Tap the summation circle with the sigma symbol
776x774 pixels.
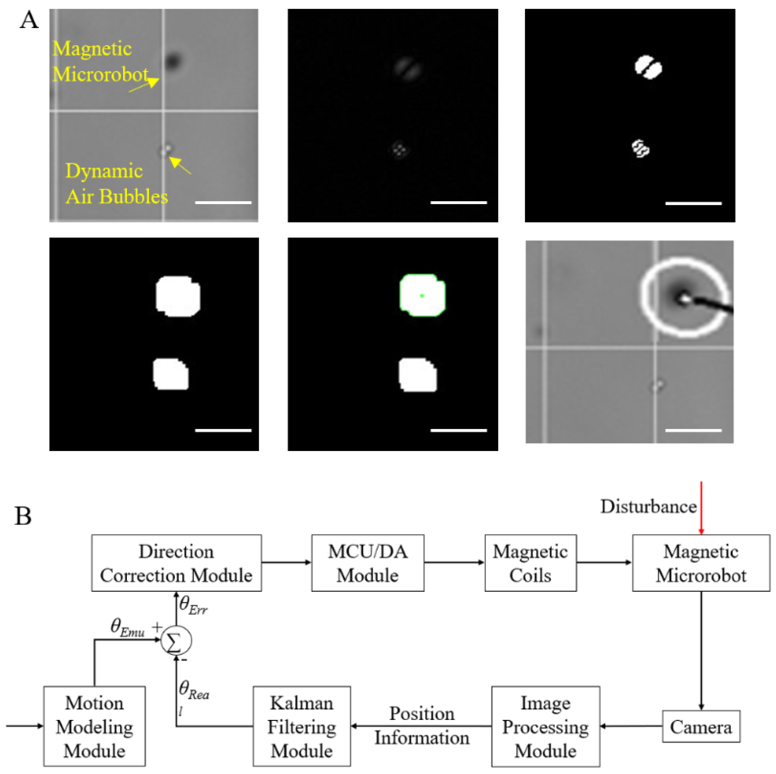176,641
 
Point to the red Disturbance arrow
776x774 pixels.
701,508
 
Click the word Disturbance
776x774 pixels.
648,507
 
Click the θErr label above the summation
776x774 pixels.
193,605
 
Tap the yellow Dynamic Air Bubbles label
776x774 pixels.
117,184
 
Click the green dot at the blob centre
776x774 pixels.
422,295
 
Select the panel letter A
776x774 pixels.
29,20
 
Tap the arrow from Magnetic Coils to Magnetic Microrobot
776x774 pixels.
604,562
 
